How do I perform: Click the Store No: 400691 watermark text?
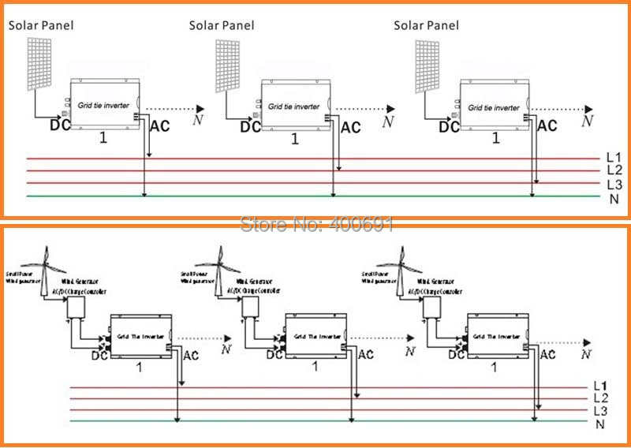[x=315, y=225]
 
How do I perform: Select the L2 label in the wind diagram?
[x=601, y=398]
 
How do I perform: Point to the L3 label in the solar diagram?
[x=614, y=183]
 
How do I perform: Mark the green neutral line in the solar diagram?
[x=315, y=195]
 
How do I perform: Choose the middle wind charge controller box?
[x=252, y=307]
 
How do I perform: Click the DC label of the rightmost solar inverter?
[x=449, y=125]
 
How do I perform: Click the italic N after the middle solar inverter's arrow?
[x=386, y=121]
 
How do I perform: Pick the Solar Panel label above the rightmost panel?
[x=426, y=25]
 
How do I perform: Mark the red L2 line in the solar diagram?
[x=315, y=170]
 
